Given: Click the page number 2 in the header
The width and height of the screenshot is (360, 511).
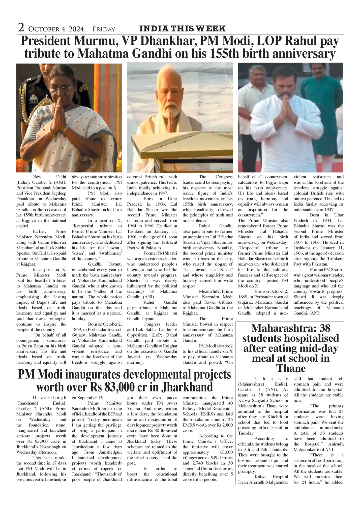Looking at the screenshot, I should tap(21, 28).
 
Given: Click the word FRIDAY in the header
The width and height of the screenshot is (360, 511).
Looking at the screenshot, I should tap(104, 29).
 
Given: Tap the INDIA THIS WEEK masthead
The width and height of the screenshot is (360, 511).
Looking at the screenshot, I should tap(182, 29).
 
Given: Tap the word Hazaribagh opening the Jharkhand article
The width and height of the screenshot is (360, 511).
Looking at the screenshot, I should tap(49, 398).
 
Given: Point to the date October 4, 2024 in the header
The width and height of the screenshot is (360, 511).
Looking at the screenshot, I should tap(56, 29).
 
